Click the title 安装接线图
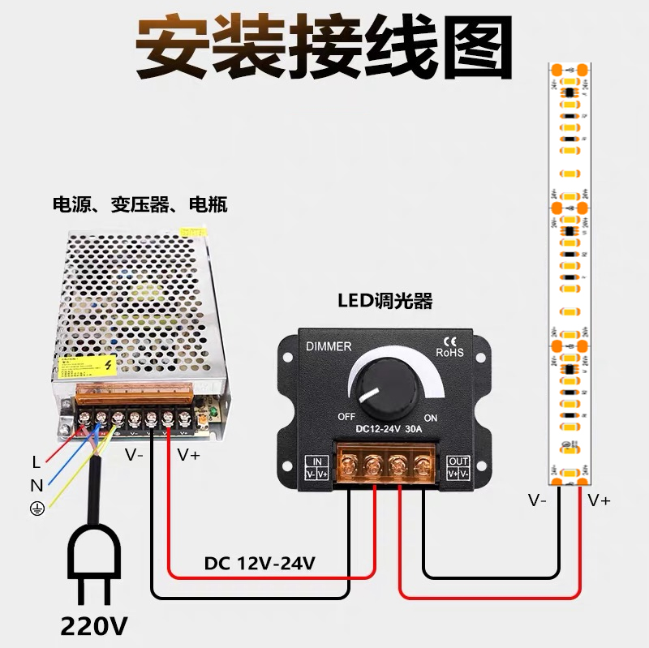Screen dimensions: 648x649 (x=324, y=46)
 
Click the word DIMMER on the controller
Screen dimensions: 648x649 (x=329, y=346)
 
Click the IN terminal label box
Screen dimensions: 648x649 (x=316, y=467)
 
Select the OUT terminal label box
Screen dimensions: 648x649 (x=458, y=467)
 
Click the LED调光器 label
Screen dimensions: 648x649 (x=385, y=302)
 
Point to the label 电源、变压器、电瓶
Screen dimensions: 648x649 (x=140, y=204)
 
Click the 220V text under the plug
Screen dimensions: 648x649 (x=95, y=626)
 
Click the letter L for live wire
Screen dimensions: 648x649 (x=36, y=462)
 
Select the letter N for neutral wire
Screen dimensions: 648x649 (x=36, y=486)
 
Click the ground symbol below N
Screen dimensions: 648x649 (x=36, y=509)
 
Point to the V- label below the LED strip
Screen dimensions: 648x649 (x=538, y=500)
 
